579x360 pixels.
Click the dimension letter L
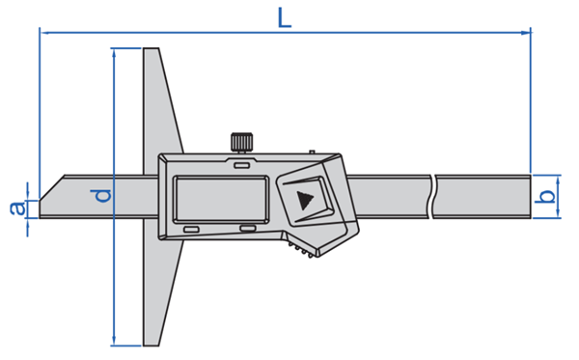285,18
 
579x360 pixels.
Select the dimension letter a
17,208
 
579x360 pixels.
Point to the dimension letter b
547,197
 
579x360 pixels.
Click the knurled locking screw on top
242,142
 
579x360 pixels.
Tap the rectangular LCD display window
221,200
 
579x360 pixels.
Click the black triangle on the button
305,201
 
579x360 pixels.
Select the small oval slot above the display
242,165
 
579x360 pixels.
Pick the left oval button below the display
192,230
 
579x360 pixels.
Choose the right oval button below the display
247,229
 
